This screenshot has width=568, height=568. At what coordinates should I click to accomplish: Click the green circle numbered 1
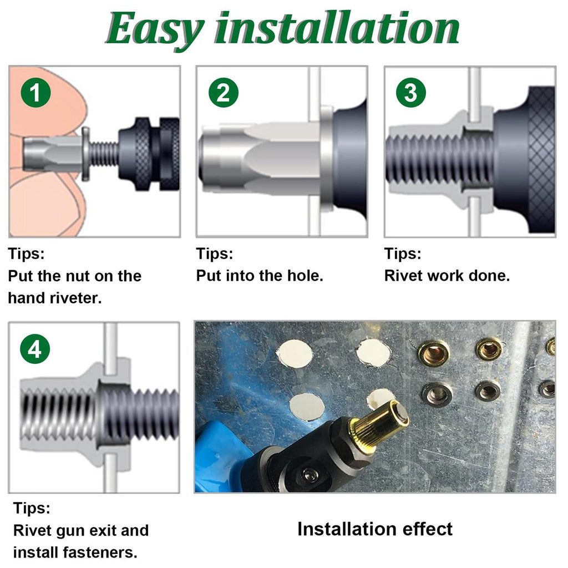point(35,93)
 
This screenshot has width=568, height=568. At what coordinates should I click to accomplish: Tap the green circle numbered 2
point(224,93)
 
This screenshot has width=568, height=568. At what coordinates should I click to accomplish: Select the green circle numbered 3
point(411,93)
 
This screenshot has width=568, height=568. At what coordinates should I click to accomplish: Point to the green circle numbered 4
point(35,349)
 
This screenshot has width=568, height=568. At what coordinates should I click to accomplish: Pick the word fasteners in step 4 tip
point(100,553)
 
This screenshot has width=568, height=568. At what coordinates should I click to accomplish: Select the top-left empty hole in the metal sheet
point(295,353)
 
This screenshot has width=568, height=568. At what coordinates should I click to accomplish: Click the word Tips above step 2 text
point(215,253)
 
